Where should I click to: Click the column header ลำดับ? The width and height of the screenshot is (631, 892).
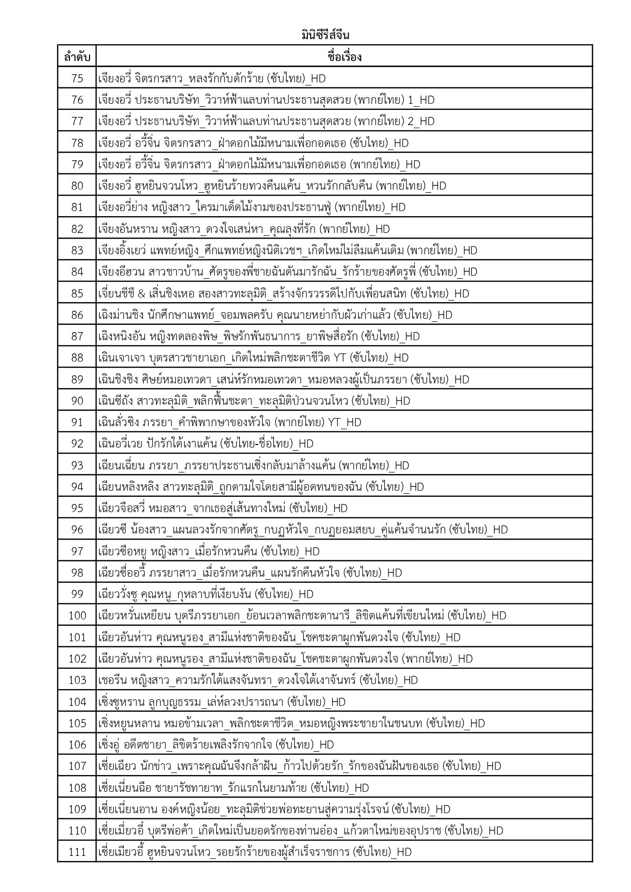pyautogui.click(x=77, y=56)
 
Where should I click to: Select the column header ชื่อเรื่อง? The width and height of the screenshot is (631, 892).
pyautogui.click(x=345, y=56)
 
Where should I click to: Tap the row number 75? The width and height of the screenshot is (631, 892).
pyautogui.click(x=77, y=78)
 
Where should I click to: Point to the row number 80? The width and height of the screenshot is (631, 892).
pyautogui.click(x=77, y=186)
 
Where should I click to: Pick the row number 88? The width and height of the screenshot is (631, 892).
pyautogui.click(x=77, y=358)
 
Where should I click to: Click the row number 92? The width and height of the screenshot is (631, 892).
pyautogui.click(x=77, y=443)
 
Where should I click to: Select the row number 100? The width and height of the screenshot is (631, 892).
pyautogui.click(x=77, y=615)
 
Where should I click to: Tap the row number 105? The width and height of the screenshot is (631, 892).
pyautogui.click(x=77, y=723)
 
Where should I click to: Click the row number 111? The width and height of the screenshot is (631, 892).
pyautogui.click(x=77, y=851)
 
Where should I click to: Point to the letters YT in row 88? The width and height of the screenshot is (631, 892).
pyautogui.click(x=339, y=358)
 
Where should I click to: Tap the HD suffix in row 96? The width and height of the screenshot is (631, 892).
pyautogui.click(x=500, y=529)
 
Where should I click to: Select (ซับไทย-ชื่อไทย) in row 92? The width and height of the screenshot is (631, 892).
pyautogui.click(x=257, y=443)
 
